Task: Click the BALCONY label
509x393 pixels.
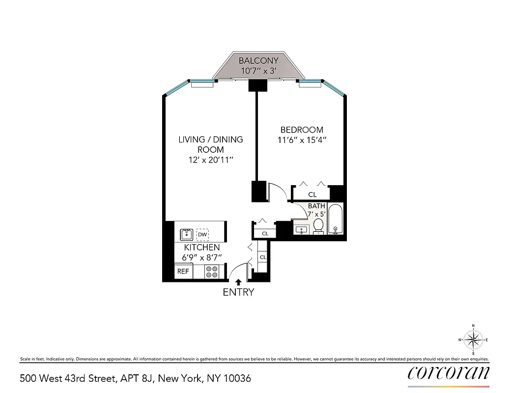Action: pos(258,61)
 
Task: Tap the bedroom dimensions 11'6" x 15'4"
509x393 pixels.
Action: pos(302,140)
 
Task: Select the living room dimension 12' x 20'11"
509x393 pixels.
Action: pos(210,160)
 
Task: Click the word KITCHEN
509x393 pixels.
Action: pos(202,248)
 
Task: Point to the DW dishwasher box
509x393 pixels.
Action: pos(202,234)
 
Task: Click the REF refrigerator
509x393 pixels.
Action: pos(183,271)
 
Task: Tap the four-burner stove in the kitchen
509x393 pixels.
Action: pos(212,272)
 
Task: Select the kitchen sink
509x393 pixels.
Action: pos(187,234)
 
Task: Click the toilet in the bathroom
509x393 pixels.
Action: pos(318,225)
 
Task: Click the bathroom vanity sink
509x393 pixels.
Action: pos(301,229)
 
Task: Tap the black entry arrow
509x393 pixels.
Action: pos(238,282)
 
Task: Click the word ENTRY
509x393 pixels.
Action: pos(238,292)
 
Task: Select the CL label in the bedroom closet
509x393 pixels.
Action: pos(312,195)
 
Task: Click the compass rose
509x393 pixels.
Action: pos(473,339)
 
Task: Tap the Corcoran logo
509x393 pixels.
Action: pos(449,373)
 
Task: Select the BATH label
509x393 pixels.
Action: pos(316,206)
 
